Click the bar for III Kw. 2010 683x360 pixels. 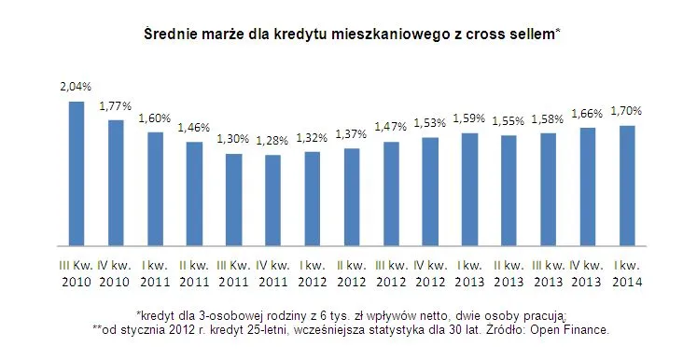tap(77, 173)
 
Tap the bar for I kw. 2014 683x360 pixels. tap(627, 185)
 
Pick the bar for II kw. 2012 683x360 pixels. tap(352, 196)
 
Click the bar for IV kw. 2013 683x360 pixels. tap(588, 186)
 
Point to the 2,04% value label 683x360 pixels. tap(77, 87)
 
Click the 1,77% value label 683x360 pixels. tap(116, 105)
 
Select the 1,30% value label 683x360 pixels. tap(233, 139)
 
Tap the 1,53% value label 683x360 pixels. tap(430, 123)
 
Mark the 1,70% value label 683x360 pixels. tap(627, 110)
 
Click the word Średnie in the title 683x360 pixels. tap(171, 35)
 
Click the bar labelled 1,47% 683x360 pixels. tap(391, 193)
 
